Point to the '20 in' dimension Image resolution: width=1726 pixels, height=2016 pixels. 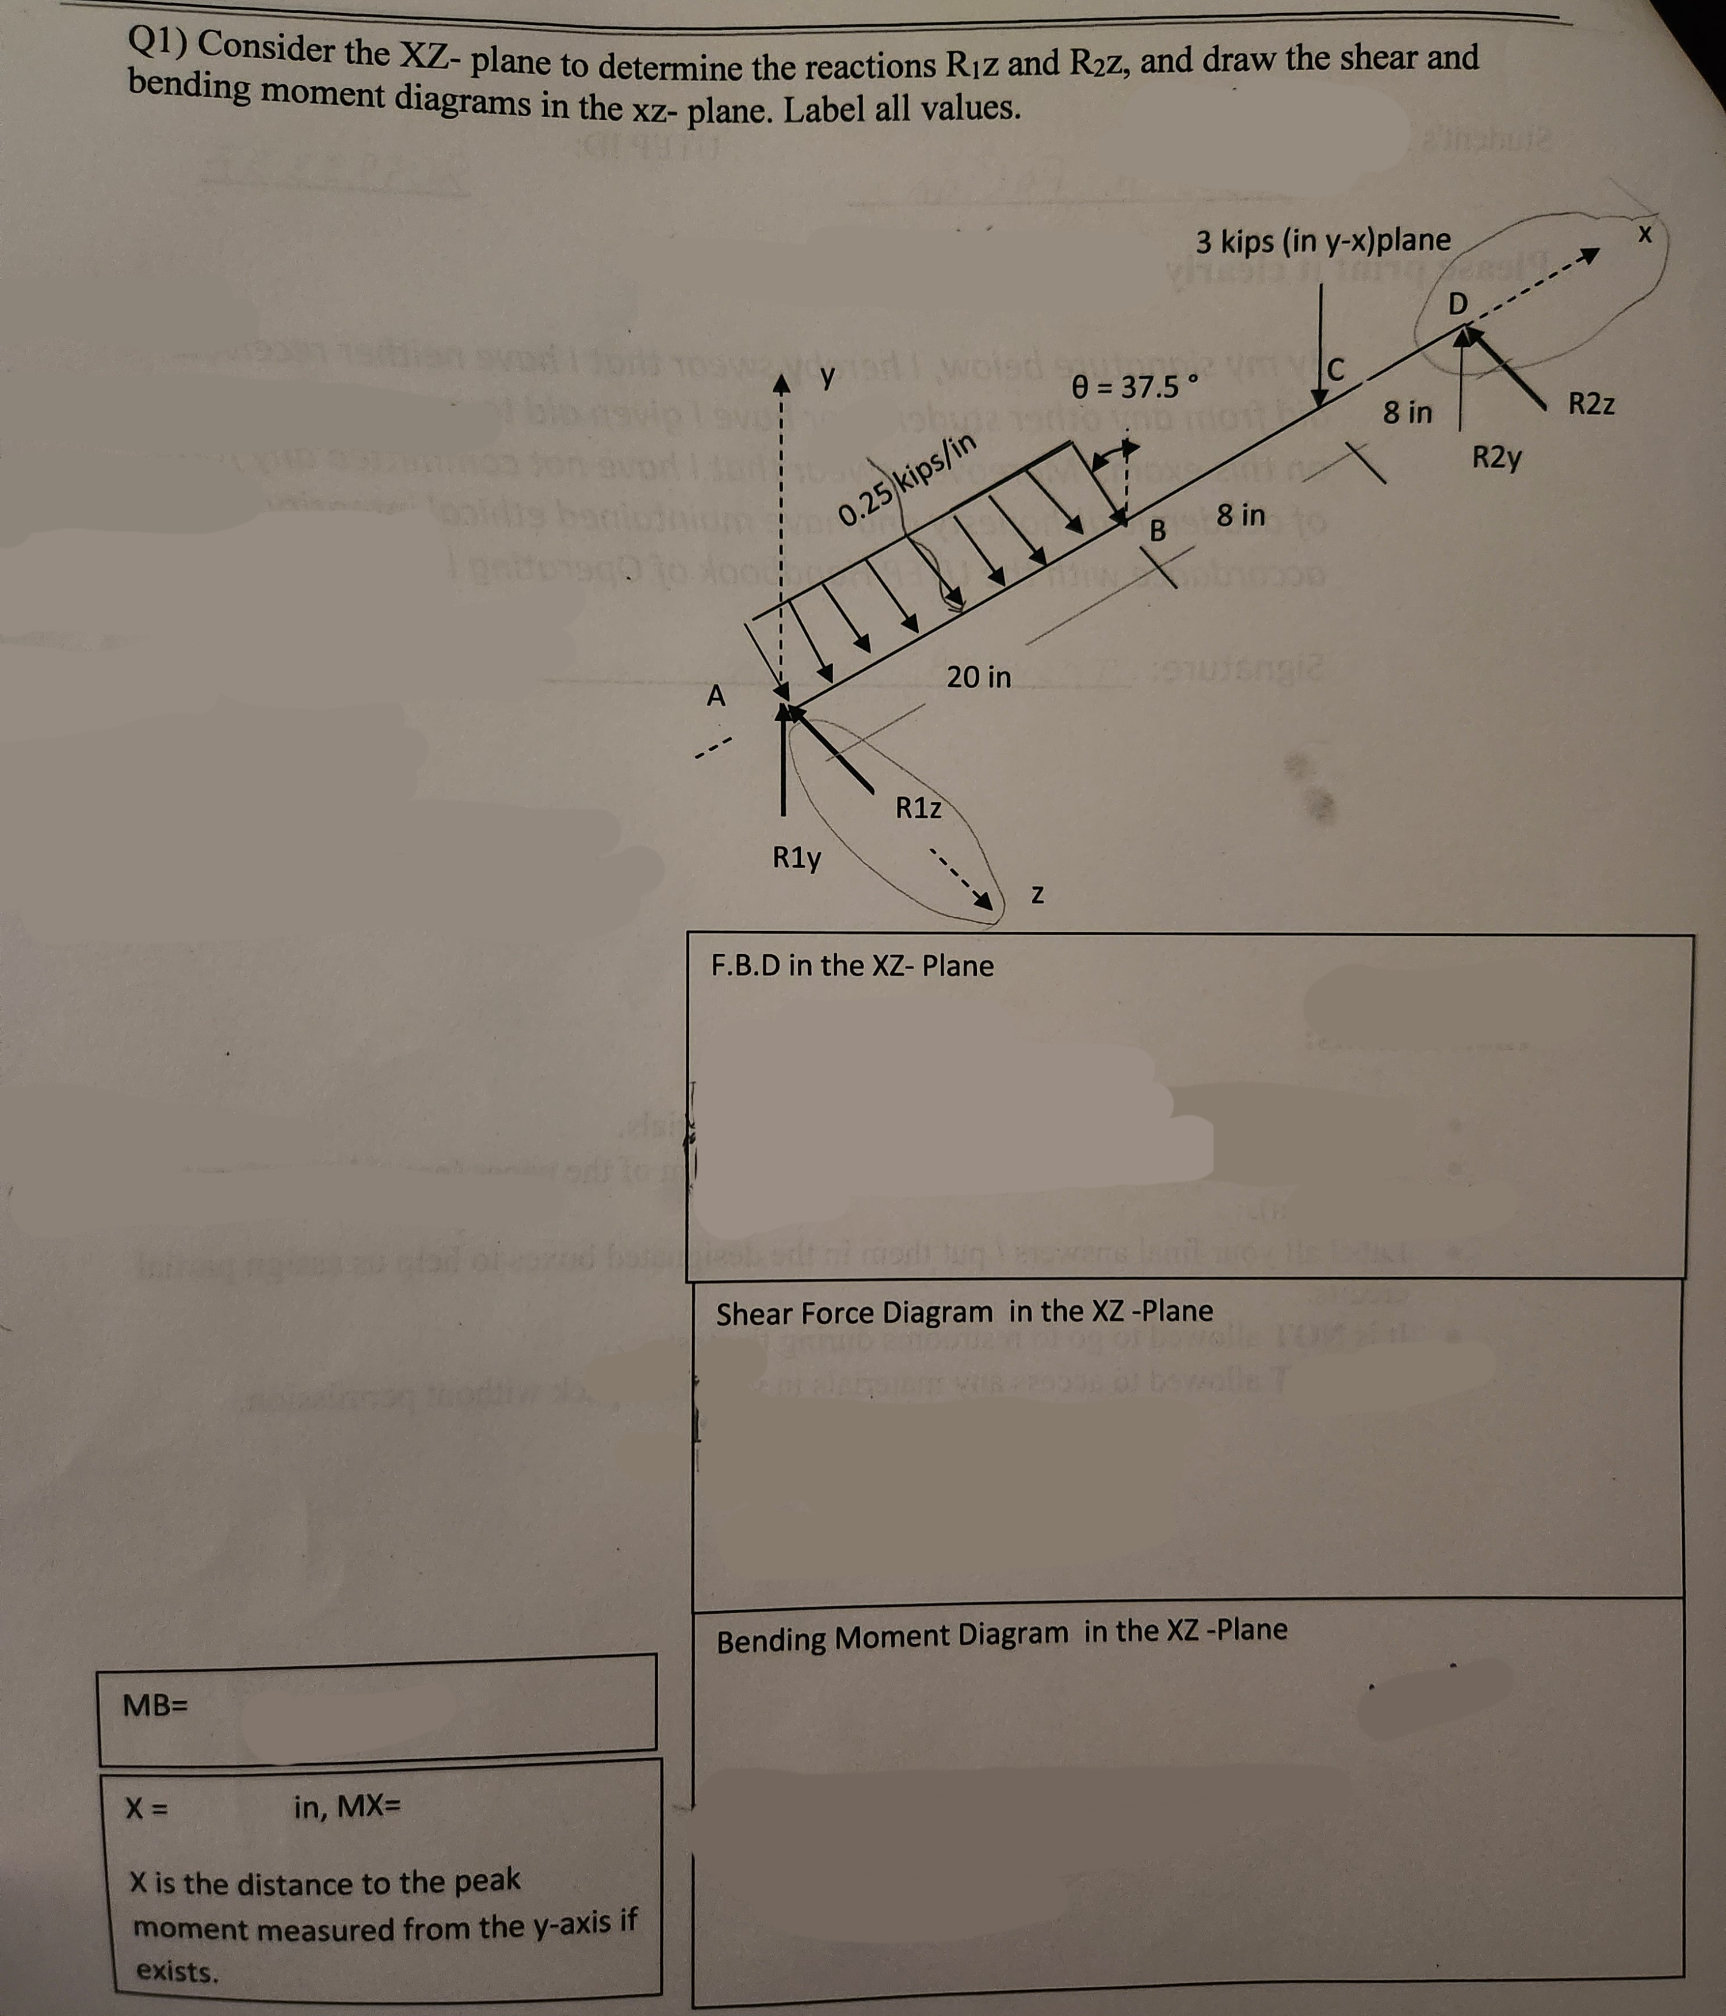pyautogui.click(x=979, y=676)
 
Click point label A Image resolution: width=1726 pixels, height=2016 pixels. pyautogui.click(x=716, y=696)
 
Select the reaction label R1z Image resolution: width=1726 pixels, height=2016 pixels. pyautogui.click(x=918, y=807)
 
